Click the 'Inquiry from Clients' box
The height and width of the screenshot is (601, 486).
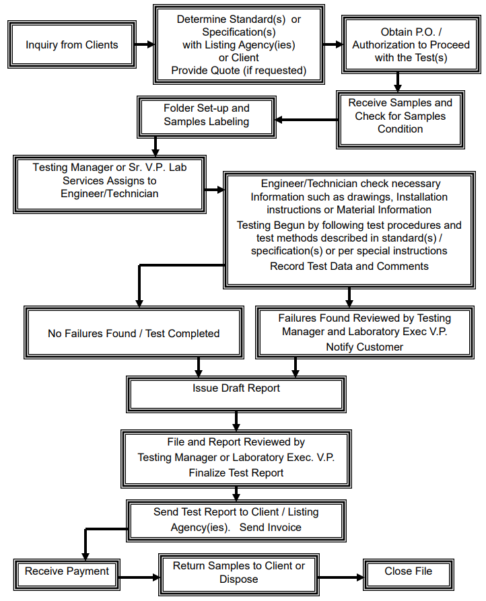click(72, 45)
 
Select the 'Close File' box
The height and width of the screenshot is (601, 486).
click(408, 572)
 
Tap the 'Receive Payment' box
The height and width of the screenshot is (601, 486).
click(67, 572)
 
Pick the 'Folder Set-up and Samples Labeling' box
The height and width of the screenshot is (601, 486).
click(206, 115)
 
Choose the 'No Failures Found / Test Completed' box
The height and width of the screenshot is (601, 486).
click(133, 333)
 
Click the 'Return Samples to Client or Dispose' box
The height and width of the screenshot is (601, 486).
click(238, 573)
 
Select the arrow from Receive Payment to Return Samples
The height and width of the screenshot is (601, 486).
click(138, 577)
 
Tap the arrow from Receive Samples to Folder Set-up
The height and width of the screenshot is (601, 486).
click(306, 120)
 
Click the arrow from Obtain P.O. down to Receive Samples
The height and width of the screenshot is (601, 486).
click(398, 81)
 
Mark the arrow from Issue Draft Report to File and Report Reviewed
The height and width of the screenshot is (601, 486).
click(236, 421)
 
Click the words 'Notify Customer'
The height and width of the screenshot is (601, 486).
click(365, 347)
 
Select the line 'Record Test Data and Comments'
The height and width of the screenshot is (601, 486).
click(349, 267)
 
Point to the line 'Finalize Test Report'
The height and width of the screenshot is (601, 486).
click(236, 472)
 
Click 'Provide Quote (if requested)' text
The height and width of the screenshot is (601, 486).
click(238, 71)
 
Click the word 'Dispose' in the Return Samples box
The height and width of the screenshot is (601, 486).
click(238, 579)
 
